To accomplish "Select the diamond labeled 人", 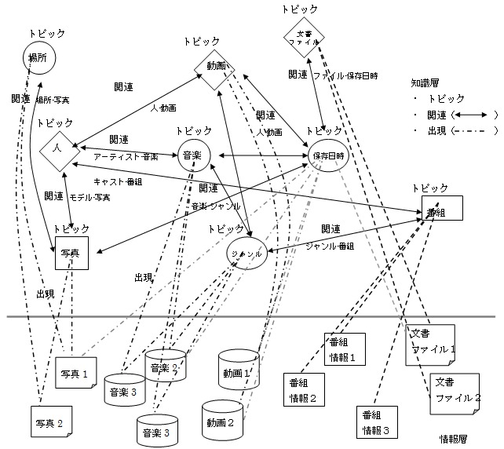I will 57,148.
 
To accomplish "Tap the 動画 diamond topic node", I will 217,66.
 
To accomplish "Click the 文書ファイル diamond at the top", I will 305,38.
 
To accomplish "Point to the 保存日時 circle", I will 327,155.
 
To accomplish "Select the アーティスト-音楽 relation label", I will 126,156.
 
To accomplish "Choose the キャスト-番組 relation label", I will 118,181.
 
